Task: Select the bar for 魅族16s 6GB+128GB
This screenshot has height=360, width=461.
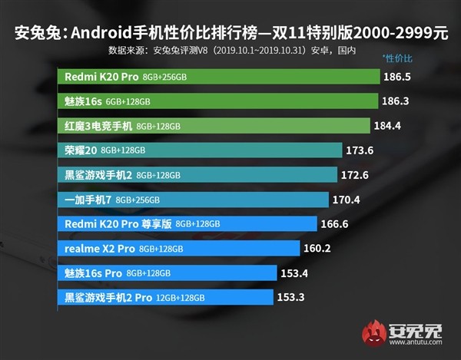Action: point(219,101)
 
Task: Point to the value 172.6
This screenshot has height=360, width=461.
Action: point(355,174)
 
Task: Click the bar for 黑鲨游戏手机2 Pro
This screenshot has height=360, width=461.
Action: point(165,297)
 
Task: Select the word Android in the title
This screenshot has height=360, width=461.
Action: point(108,33)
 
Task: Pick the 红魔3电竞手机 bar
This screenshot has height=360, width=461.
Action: point(219,126)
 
